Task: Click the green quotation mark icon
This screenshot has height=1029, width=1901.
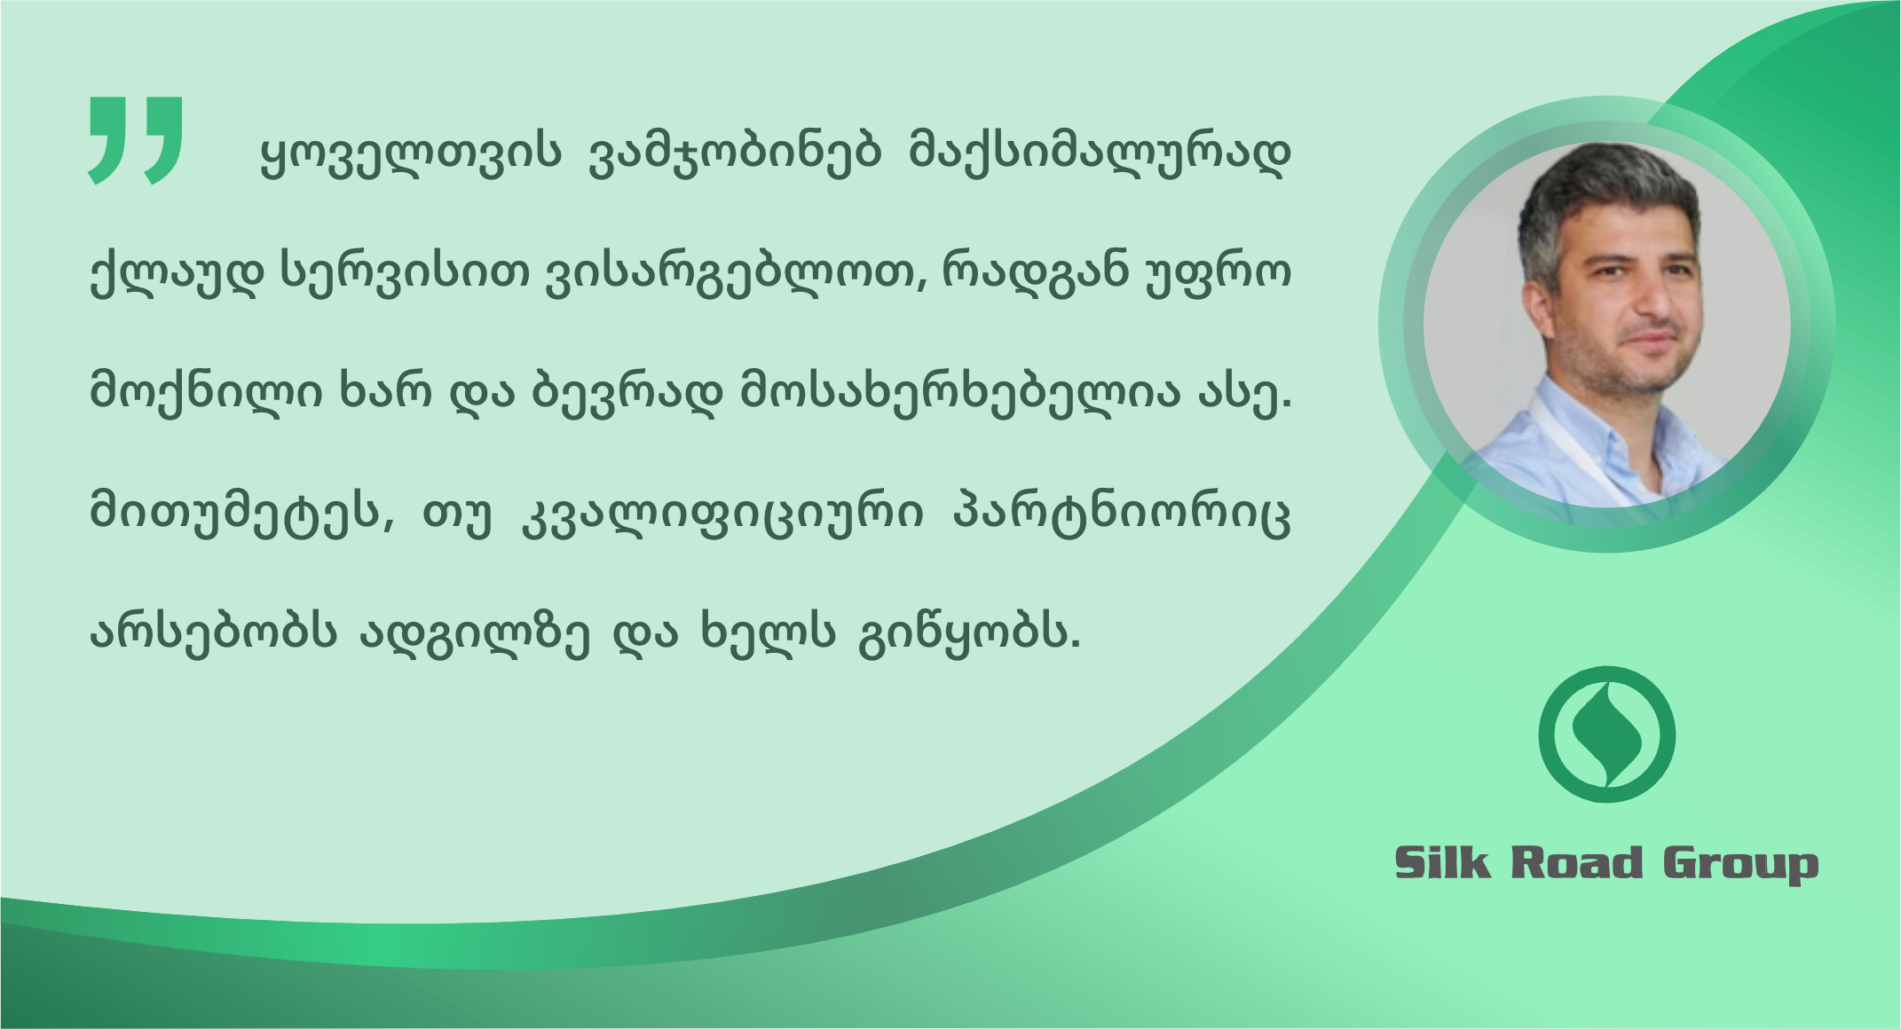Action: click(136, 140)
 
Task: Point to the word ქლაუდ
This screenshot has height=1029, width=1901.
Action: click(177, 272)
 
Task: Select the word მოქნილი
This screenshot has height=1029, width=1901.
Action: click(206, 391)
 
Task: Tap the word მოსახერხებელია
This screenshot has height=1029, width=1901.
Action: click(960, 391)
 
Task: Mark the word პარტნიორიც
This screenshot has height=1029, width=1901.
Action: click(1122, 514)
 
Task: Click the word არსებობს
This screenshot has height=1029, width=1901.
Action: click(213, 632)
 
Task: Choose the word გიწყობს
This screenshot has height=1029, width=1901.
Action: click(969, 633)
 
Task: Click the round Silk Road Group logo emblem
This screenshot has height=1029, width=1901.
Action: click(1606, 734)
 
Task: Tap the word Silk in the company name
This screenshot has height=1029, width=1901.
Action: click(1443, 862)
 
